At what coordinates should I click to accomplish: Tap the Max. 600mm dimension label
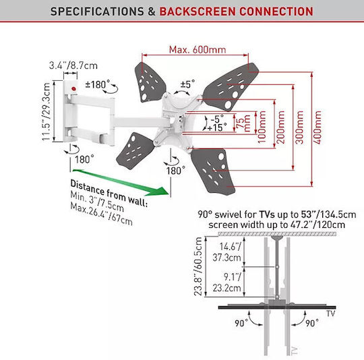[x=198, y=50]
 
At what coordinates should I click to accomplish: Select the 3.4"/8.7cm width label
[x=73, y=65]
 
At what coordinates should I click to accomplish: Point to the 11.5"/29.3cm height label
[x=47, y=111]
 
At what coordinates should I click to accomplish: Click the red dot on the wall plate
[x=74, y=89]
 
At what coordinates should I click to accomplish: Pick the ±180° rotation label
[x=98, y=84]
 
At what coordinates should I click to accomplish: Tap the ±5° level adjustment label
[x=187, y=84]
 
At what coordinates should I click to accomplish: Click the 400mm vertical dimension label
[x=317, y=127]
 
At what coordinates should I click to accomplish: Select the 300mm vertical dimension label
[x=299, y=127]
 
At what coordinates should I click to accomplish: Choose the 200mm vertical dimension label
[x=281, y=127]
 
